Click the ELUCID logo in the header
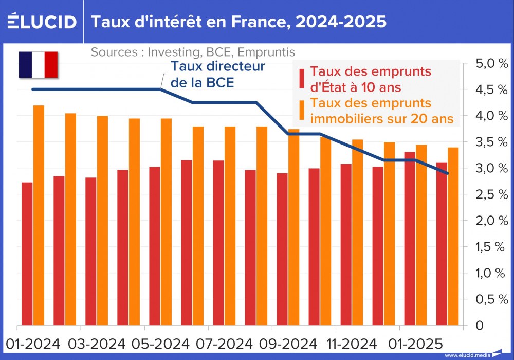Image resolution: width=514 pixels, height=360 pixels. (x=43, y=22)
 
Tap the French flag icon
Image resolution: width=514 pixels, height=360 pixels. (x=38, y=65)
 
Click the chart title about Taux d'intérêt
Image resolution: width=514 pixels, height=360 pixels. (x=238, y=22)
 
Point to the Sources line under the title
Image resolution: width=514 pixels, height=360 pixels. (x=193, y=52)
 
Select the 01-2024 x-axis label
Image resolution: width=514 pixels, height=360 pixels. (x=33, y=343)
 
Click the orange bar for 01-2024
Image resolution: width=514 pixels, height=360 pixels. (x=39, y=216)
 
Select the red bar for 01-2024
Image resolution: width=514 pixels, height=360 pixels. (x=27, y=254)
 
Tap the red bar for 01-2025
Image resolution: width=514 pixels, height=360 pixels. (x=410, y=239)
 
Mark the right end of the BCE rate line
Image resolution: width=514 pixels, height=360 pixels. (x=448, y=173)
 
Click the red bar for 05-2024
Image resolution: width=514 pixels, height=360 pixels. (x=155, y=246)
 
